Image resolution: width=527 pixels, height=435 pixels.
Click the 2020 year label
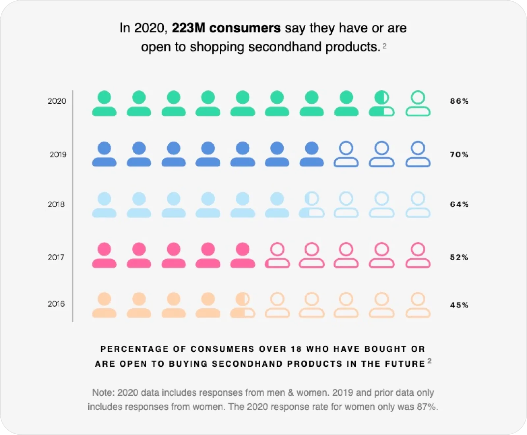[57, 101]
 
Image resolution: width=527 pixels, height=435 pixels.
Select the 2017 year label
[56, 257]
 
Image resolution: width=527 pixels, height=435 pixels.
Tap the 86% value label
[459, 101]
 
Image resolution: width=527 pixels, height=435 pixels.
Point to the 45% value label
[459, 305]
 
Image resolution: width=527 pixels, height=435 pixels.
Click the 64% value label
[459, 204]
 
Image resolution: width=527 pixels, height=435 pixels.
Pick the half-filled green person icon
[381, 103]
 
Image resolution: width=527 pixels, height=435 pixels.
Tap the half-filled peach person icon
[242, 305]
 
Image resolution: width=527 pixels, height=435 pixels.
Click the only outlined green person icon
[418, 103]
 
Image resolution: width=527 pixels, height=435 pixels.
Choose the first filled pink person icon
[104, 255]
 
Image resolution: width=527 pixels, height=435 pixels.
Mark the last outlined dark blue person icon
[418, 154]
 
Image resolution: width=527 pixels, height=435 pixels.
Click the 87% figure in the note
[427, 407]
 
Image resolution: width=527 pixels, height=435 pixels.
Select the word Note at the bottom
[103, 392]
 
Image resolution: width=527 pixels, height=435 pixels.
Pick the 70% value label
[459, 155]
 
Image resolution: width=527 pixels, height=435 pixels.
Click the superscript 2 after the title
[384, 46]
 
